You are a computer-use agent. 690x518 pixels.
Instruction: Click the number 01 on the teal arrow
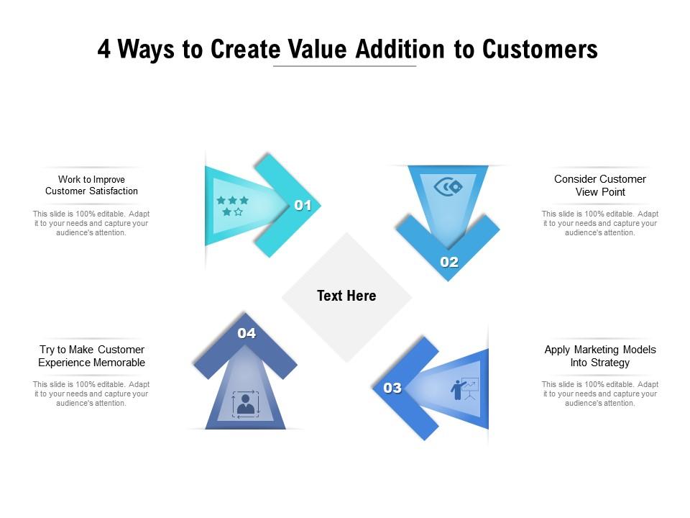[303, 206]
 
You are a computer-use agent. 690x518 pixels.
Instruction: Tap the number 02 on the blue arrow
[449, 263]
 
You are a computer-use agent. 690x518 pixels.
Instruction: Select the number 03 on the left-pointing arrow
[392, 388]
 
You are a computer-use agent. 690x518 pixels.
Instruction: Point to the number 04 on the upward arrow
[247, 333]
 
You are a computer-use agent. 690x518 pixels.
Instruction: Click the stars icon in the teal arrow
[232, 206]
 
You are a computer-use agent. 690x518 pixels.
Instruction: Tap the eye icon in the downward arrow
[448, 188]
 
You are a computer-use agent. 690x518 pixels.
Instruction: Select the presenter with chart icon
[464, 389]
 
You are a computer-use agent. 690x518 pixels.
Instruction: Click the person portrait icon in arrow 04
[246, 404]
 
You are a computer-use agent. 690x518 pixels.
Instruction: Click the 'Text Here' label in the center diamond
[346, 296]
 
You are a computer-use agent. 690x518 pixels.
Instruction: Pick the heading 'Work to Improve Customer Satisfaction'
[91, 185]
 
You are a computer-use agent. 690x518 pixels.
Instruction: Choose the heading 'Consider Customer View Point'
[600, 186]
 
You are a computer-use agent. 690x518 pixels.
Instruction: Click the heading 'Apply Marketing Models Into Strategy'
[600, 356]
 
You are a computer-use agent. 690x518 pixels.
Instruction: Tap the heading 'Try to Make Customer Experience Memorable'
[91, 356]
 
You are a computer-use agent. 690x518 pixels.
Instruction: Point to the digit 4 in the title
[104, 50]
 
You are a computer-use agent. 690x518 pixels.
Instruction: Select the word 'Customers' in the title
[540, 50]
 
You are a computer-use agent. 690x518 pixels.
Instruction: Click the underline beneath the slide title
[345, 67]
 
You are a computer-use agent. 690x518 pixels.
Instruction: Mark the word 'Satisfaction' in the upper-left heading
[114, 191]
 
